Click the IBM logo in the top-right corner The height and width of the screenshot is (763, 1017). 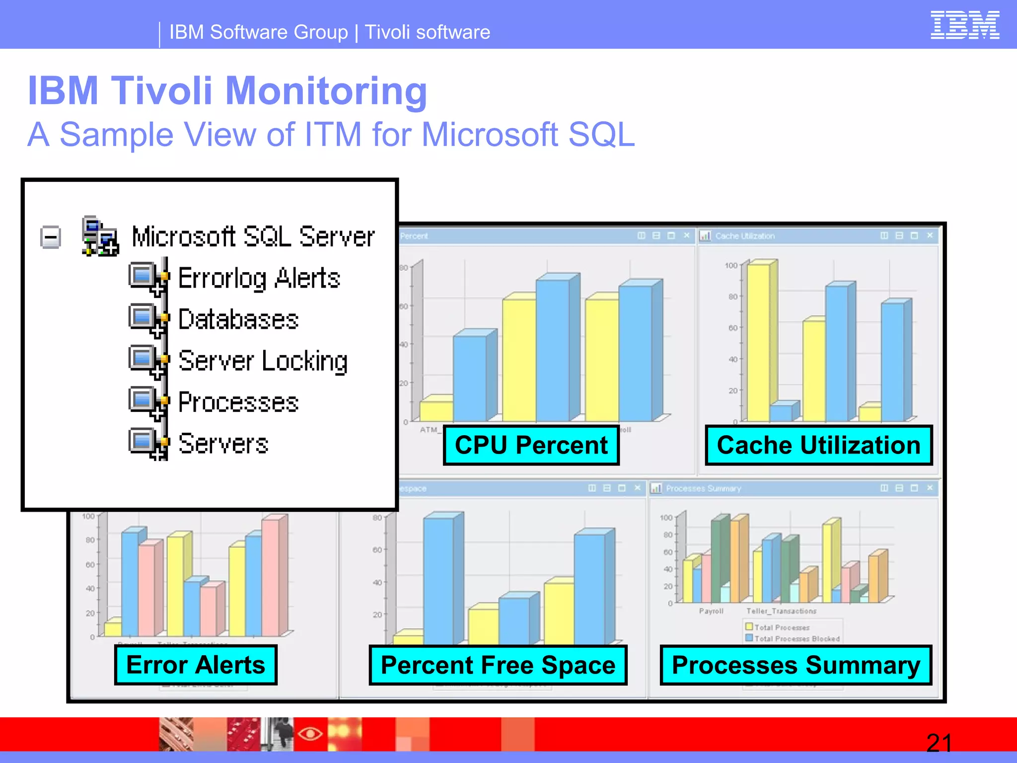[x=964, y=25]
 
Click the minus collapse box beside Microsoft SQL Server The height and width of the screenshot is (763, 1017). [x=51, y=237]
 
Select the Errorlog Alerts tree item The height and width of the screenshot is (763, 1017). [x=259, y=278]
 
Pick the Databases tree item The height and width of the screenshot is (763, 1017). [x=238, y=319]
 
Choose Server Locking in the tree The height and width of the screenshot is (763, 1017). [x=263, y=361]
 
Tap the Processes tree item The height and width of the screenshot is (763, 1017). [x=238, y=402]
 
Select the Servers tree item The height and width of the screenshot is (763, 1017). [x=223, y=444]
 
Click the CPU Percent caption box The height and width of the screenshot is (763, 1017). [x=531, y=445]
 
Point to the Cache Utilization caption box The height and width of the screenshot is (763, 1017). [x=818, y=445]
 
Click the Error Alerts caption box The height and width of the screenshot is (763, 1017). [x=196, y=665]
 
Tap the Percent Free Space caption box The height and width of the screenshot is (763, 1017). [x=498, y=665]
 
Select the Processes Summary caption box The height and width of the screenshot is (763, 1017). [x=796, y=665]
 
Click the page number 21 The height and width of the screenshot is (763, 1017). [x=939, y=743]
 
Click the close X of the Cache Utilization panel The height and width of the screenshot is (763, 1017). [x=930, y=235]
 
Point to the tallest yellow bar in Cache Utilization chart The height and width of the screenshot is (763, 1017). [x=758, y=343]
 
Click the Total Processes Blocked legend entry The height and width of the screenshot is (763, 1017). [x=797, y=639]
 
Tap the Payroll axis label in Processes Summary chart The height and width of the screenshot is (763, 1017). [x=711, y=611]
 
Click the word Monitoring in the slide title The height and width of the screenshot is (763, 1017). [x=326, y=91]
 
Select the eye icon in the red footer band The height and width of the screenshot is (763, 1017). [x=310, y=733]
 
